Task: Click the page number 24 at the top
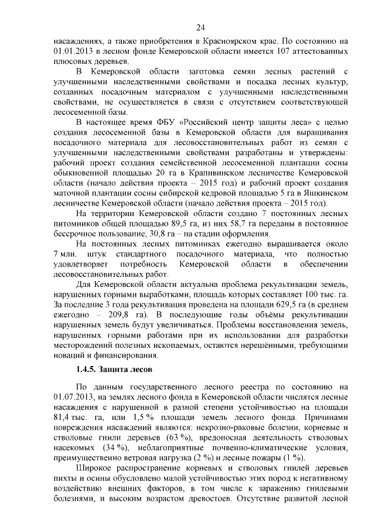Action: (200, 28)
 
